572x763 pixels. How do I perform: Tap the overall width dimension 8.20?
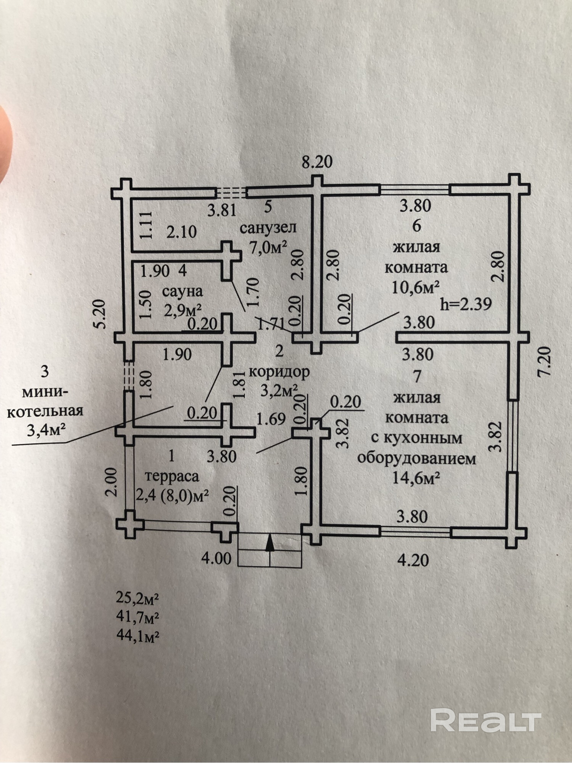(317, 162)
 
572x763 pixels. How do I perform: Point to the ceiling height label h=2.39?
(466, 304)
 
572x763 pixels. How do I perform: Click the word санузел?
(268, 228)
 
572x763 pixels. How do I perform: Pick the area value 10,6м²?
(416, 287)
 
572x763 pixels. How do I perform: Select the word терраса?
(172, 476)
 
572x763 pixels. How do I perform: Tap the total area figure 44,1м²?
(138, 636)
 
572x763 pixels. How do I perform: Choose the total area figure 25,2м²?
(138, 598)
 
